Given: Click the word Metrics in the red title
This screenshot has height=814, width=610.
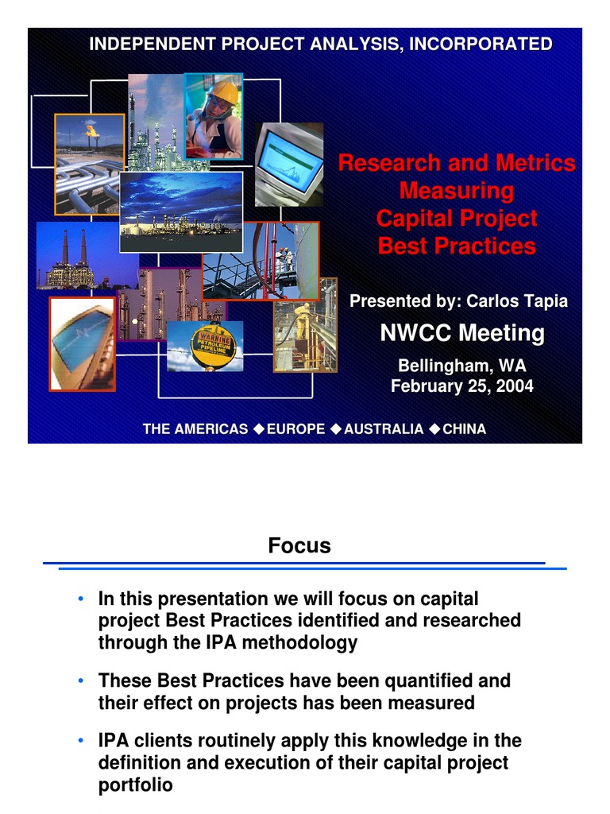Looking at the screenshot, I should (x=535, y=164).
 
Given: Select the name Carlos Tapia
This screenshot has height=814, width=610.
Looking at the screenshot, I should (x=517, y=301).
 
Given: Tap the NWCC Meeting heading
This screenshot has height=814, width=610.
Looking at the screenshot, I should (x=462, y=333).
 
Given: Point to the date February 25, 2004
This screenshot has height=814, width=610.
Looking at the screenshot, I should (x=462, y=387).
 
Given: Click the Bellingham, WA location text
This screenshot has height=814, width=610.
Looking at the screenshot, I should (x=462, y=366).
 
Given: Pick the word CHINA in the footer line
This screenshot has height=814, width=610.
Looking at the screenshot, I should (x=464, y=429).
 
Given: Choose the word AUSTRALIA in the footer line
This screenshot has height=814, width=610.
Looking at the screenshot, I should (x=384, y=429).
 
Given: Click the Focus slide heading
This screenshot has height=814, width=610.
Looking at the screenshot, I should (x=299, y=546).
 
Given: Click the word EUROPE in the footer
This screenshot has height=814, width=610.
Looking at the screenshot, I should (x=295, y=429).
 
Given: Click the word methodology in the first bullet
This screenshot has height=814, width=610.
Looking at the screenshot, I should (x=305, y=643).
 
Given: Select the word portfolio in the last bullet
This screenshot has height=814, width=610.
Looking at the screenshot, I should (x=135, y=785).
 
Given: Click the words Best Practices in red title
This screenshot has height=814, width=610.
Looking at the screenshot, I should (x=457, y=246).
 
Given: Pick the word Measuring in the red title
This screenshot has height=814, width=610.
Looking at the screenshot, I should (x=457, y=192).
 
